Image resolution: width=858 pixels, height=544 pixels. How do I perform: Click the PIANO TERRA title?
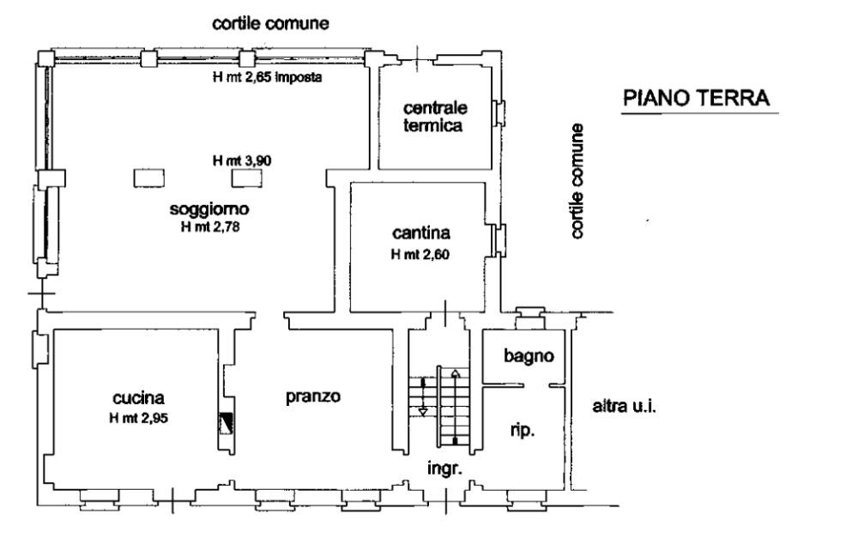point(697,98)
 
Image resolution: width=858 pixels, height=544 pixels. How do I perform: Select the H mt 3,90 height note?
point(242,161)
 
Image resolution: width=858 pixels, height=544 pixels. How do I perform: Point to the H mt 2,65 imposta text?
point(267,77)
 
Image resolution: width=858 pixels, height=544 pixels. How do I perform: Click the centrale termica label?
point(434,117)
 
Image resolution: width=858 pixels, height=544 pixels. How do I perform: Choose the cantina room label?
point(421,233)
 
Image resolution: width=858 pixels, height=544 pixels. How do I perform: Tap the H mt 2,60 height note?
point(420,255)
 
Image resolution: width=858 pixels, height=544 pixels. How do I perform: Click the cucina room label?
point(138,398)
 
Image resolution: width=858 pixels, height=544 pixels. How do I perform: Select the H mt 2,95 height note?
point(138,419)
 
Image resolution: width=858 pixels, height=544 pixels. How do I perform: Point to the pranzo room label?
point(313,396)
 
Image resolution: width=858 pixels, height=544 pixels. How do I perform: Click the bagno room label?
point(529,356)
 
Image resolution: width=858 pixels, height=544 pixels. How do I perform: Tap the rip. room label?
point(523,431)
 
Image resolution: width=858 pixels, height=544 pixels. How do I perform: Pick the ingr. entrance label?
point(444,469)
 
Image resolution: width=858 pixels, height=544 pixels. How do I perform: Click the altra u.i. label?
point(624,407)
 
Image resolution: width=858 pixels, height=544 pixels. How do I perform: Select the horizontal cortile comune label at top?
point(270,23)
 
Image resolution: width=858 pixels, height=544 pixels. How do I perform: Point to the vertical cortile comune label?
point(577,181)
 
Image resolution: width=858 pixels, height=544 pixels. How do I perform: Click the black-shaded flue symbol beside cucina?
point(226,422)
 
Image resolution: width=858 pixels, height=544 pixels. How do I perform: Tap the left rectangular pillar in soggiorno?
point(148,178)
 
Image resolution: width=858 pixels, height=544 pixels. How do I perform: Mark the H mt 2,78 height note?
point(210,227)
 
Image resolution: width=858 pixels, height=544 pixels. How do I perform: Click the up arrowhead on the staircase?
point(456,374)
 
